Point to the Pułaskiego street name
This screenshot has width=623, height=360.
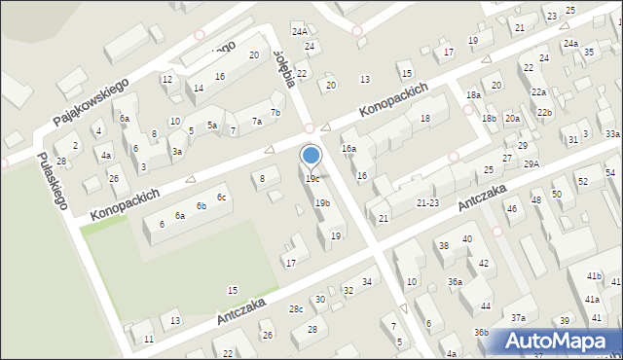[53, 181]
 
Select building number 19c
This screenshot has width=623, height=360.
[311, 179]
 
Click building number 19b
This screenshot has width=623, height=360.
[322, 202]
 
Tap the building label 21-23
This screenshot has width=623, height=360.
[428, 203]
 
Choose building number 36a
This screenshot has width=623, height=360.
[455, 281]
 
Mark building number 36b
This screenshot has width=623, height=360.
[481, 332]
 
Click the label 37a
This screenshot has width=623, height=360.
[519, 318]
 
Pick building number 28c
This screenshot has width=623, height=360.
[296, 308]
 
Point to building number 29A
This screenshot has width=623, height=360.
[531, 164]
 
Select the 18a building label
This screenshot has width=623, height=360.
[473, 94]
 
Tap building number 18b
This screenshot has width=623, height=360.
[489, 119]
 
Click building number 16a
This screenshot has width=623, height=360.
[348, 149]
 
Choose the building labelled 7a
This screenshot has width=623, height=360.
[257, 122]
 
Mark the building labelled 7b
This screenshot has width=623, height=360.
[275, 113]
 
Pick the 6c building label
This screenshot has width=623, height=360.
[222, 198]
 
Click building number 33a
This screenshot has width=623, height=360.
[611, 134]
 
